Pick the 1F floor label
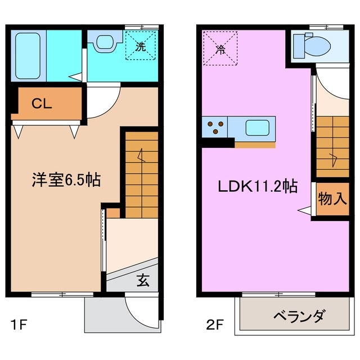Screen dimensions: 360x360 point(17,325)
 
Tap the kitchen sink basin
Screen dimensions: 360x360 point(259,127)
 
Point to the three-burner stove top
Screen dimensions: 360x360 point(216,127)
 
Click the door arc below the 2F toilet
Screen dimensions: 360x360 point(326,82)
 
